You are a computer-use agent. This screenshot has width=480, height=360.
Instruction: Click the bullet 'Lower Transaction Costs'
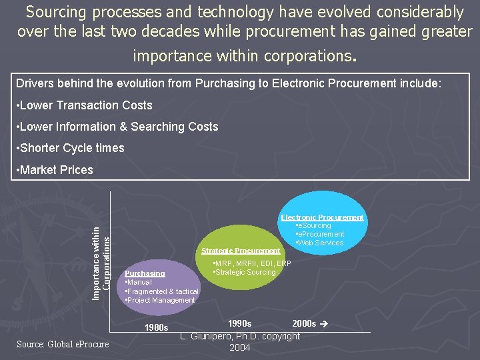click(84, 105)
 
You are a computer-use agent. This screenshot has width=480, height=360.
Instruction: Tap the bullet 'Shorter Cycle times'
click(70, 148)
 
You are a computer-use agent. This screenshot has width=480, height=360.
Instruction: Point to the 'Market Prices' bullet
click(55, 170)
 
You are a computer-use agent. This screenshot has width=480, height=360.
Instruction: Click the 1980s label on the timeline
click(157, 327)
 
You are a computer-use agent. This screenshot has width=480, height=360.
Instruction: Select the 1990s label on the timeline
click(239, 323)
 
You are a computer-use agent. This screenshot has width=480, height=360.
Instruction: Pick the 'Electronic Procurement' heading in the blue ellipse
click(322, 217)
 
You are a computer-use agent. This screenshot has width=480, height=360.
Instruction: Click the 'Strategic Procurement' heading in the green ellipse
click(241, 251)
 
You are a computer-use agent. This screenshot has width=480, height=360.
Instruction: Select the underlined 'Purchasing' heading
click(145, 273)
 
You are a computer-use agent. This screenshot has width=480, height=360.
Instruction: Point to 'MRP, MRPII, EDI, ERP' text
click(251, 263)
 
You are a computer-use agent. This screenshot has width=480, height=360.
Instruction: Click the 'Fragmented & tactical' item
click(162, 291)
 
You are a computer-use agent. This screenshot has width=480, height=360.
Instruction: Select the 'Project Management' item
click(160, 300)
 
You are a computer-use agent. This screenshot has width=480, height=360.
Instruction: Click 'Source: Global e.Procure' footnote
click(63, 344)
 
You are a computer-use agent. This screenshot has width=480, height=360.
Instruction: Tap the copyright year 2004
click(240, 348)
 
